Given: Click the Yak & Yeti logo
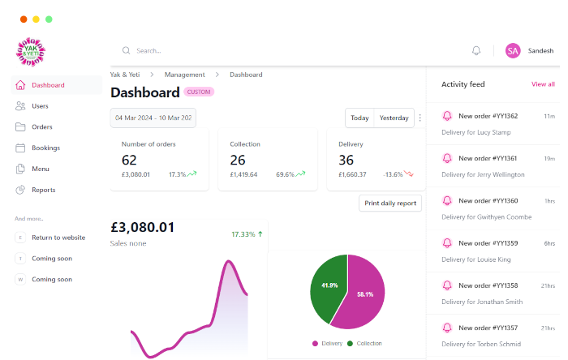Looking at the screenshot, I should [31, 52].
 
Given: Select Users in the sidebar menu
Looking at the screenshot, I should [40, 106].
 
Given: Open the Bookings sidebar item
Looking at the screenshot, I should [45, 148].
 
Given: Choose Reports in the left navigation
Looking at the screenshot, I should [43, 191].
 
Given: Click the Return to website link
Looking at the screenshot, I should [58, 238].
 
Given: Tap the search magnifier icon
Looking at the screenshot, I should [126, 50].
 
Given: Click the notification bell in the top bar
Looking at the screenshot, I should [476, 50].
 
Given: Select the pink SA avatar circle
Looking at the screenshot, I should [513, 50].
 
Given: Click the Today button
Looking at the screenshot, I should [359, 118].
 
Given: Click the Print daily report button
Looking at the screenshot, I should [390, 204].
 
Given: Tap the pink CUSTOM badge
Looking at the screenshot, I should [199, 92].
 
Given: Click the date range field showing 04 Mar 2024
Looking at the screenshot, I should [153, 118].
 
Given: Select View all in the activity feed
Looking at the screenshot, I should [543, 84].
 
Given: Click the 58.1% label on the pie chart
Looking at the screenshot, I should [365, 294].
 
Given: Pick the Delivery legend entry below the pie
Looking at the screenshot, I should [328, 344].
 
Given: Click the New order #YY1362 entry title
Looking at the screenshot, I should [488, 116].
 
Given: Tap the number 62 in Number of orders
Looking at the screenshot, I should [130, 160].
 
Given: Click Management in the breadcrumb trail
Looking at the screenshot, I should [185, 75].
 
